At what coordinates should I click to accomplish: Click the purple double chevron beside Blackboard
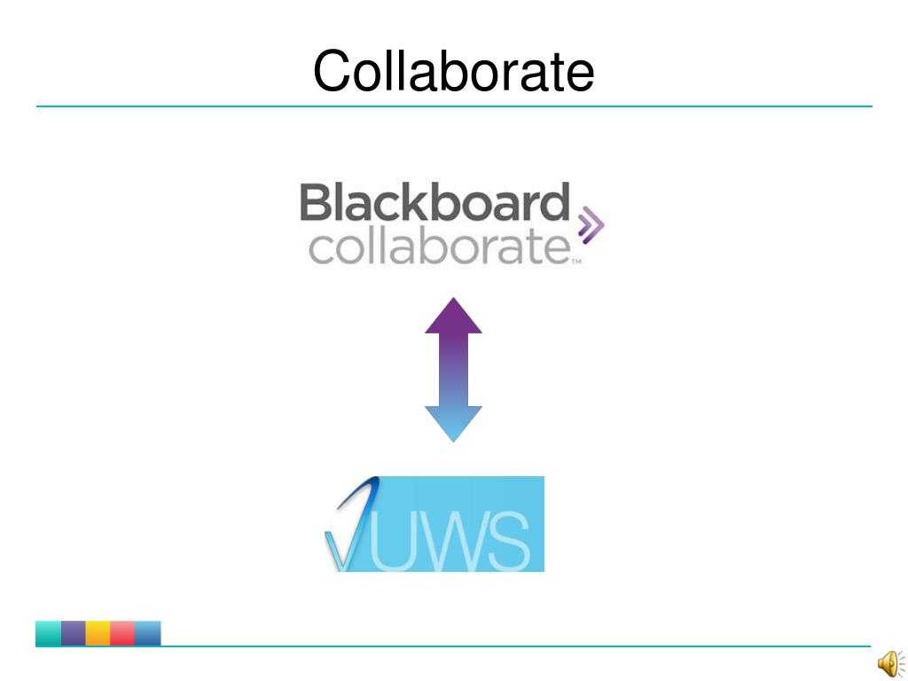click(590, 225)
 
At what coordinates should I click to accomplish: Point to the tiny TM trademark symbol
click(575, 262)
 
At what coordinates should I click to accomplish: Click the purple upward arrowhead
click(453, 317)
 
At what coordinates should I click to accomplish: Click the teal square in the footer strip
click(49, 633)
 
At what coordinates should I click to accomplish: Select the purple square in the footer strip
click(74, 633)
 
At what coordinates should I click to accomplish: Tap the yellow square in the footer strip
click(98, 633)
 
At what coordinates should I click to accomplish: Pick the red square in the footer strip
click(123, 633)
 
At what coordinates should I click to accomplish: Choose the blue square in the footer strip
click(148, 633)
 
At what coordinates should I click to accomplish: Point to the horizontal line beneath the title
click(453, 106)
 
